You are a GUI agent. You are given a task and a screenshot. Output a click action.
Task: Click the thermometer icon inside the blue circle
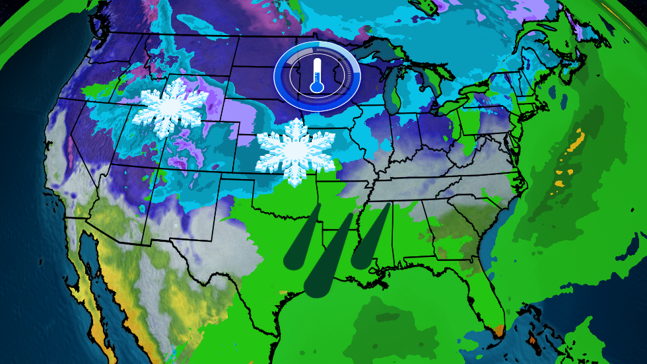coord(317,74)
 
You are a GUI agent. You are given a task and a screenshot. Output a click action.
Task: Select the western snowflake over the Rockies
coord(170,104)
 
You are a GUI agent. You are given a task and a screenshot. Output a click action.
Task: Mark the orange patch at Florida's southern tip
coord(500,328)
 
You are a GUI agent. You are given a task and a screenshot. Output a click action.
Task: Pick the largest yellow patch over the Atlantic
coord(576,142)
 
